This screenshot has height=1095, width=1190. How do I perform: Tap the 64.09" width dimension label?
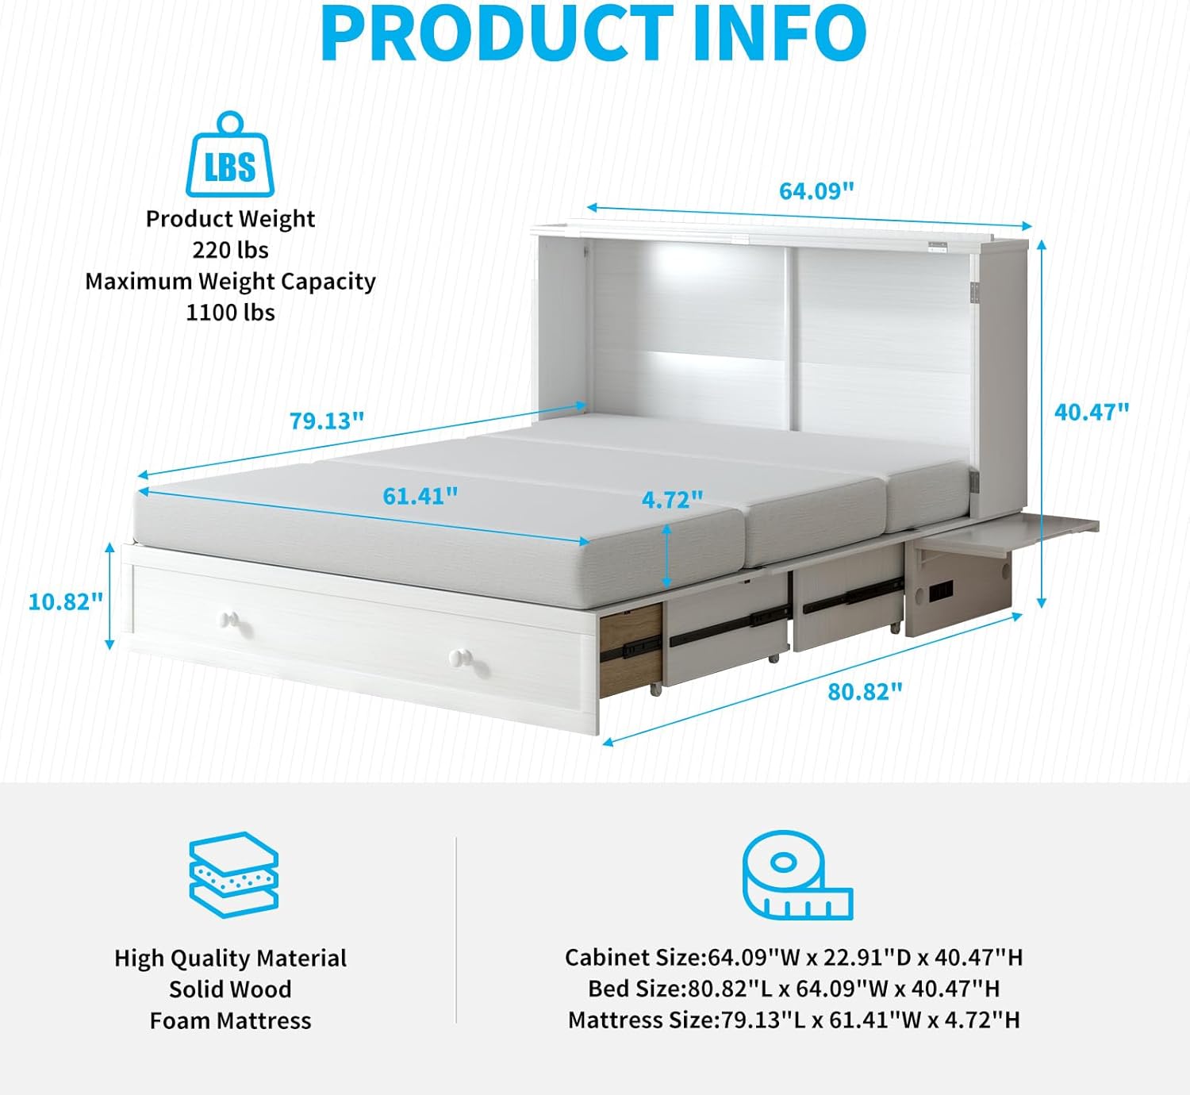click(816, 191)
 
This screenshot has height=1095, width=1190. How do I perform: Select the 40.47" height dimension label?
click(1091, 412)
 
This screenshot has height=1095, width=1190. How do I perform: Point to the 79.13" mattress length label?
click(326, 421)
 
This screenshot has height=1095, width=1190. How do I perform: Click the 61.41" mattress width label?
click(420, 496)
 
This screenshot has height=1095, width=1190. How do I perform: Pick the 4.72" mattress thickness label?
click(672, 500)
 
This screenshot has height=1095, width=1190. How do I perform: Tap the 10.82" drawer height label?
click(66, 601)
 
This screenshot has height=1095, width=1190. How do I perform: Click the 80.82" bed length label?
click(865, 692)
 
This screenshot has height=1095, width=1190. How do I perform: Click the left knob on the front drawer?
click(230, 619)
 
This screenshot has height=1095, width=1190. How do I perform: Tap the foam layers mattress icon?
click(233, 874)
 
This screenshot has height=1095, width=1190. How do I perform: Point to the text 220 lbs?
click(230, 250)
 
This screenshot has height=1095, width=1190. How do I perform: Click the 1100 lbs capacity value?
click(230, 313)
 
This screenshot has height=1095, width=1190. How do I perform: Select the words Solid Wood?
click(230, 989)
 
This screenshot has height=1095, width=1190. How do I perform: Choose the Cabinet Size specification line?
click(793, 958)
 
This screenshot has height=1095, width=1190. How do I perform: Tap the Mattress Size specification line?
click(793, 1020)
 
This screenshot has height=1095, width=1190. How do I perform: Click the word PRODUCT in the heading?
click(497, 33)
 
